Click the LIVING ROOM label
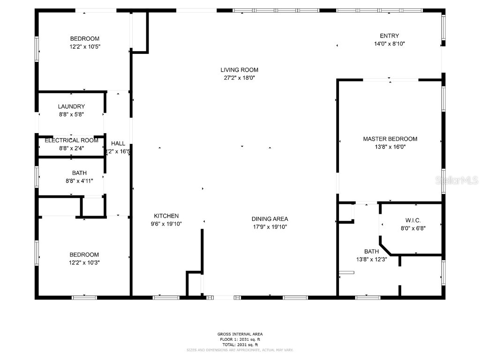click(239, 70)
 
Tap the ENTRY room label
click(389, 36)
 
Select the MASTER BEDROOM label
click(390, 139)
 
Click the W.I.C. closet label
click(413, 220)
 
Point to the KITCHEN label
click(166, 216)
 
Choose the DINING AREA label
click(270, 219)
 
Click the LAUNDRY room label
click(71, 106)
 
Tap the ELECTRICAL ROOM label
click(71, 140)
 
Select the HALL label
click(118, 143)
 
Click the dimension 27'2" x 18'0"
click(239, 78)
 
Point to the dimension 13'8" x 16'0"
click(390, 147)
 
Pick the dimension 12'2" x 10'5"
click(85, 46)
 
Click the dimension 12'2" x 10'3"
click(85, 262)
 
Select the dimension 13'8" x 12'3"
click(371, 259)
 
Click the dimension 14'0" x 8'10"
click(389, 44)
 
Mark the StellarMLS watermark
click(457, 180)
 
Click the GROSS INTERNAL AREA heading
click(240, 334)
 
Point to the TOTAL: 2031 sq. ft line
click(240, 344)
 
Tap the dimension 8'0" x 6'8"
click(413, 228)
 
